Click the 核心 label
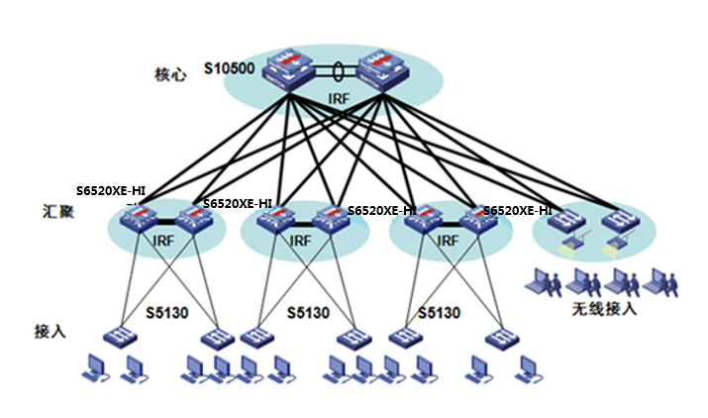[x=169, y=74]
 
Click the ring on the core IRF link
[x=339, y=72]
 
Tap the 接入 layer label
[x=50, y=330]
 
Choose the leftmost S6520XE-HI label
[x=111, y=190]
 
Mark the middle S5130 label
[x=308, y=313]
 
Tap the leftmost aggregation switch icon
[x=138, y=221]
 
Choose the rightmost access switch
[x=500, y=338]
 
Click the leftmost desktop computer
[x=97, y=368]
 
